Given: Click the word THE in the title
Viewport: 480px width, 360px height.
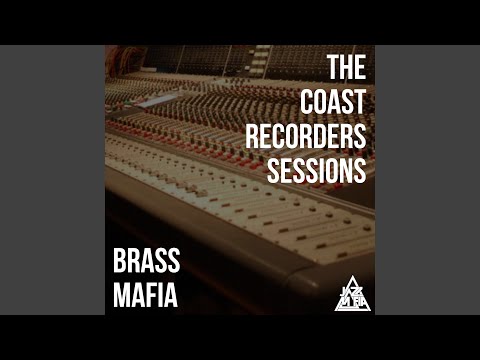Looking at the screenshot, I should (x=346, y=69).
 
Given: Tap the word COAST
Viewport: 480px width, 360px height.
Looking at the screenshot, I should (x=333, y=102).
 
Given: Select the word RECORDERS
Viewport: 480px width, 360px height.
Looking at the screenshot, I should (x=306, y=136).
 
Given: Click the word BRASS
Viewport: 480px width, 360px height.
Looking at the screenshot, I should (x=146, y=264).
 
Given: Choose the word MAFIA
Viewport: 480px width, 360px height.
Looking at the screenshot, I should (x=144, y=297).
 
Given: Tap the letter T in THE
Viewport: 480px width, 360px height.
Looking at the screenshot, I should (x=333, y=69).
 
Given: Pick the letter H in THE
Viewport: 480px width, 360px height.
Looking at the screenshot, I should (x=346, y=69).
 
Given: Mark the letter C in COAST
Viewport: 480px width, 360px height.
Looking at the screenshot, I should (x=306, y=102).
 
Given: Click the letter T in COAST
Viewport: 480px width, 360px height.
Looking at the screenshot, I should (x=361, y=102).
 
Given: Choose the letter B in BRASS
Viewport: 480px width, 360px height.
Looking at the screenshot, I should (x=119, y=264).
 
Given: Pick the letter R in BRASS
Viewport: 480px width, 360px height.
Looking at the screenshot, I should (x=133, y=264).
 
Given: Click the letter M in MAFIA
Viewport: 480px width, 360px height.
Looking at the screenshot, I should (x=120, y=297).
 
